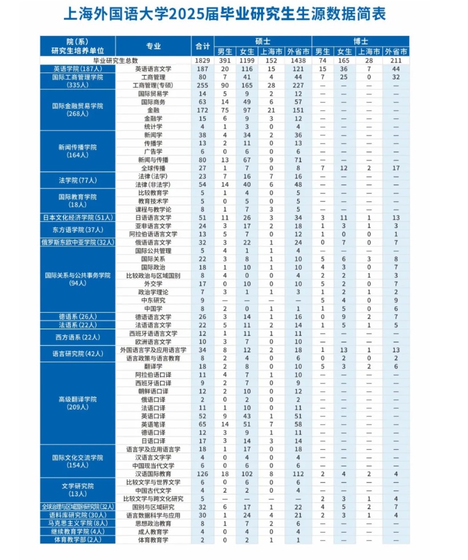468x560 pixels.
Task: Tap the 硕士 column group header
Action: pos(263,42)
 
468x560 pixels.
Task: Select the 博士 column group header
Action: pos(361,42)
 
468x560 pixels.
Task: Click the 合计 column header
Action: pos(203,46)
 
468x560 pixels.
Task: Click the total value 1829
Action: pos(203,61)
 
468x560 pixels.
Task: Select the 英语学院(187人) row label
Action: pos(78,69)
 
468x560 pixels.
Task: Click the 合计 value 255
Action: pos(203,85)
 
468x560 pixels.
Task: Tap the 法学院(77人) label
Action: pos(78,181)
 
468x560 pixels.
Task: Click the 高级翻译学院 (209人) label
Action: pos(78,403)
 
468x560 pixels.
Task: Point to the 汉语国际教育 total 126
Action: pos(203,474)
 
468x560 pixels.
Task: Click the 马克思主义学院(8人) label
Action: pos(78,523)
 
